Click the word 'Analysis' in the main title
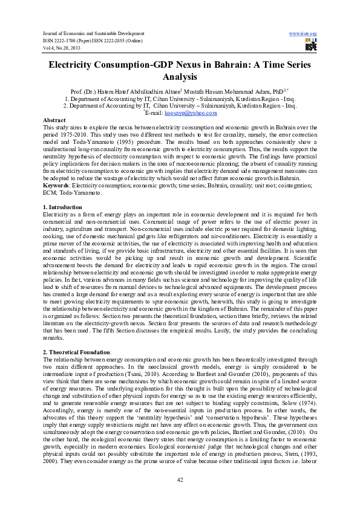coord(180,77)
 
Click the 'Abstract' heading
coord(54,120)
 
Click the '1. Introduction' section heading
coord(63,207)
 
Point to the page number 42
coord(180,479)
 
